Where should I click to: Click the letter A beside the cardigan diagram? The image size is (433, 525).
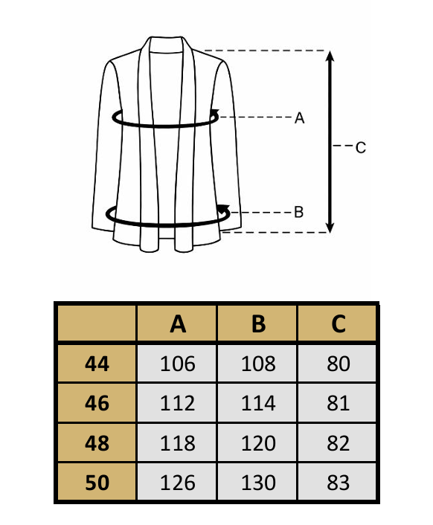click(x=299, y=117)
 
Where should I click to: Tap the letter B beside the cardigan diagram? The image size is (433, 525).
click(x=298, y=212)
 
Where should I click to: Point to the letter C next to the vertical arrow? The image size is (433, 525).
click(x=361, y=148)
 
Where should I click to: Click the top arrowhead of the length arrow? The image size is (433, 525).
click(x=330, y=57)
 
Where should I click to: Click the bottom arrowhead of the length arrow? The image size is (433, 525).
click(x=330, y=227)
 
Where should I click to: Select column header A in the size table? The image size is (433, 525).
click(x=177, y=323)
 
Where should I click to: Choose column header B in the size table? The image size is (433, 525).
click(x=257, y=323)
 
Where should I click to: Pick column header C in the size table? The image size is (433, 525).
click(x=338, y=323)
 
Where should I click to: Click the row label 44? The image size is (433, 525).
click(x=97, y=364)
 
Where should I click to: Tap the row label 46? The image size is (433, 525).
click(x=97, y=403)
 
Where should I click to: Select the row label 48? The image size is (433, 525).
click(x=97, y=443)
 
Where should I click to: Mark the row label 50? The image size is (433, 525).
click(x=97, y=482)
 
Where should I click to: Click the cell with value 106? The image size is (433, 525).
click(x=177, y=364)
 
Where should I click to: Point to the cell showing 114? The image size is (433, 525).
click(x=257, y=403)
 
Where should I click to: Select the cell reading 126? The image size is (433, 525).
click(x=177, y=482)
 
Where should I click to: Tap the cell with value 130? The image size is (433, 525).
click(x=257, y=482)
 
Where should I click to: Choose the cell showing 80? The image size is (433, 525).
click(x=338, y=364)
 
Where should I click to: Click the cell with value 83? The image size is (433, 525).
click(x=338, y=482)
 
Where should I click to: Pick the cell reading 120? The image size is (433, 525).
click(x=257, y=443)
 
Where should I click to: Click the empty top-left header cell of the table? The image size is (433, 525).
click(x=97, y=323)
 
